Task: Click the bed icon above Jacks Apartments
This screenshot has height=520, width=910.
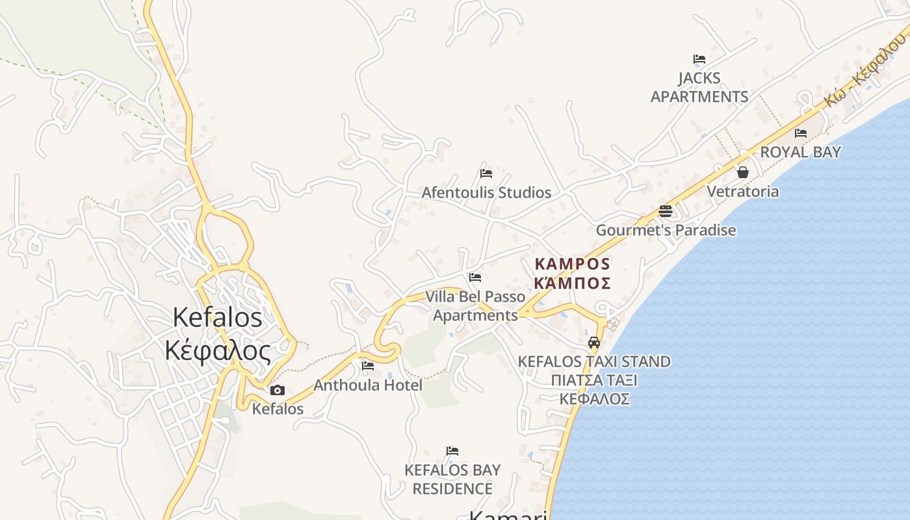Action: click(x=699, y=59)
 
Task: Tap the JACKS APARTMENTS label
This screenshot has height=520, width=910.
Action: click(x=699, y=87)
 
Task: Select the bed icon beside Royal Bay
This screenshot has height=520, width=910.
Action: click(x=801, y=133)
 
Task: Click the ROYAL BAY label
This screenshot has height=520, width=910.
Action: click(x=801, y=152)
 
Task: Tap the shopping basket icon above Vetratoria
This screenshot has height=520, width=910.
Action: click(x=743, y=172)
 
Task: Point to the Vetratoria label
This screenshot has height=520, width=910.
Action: click(x=742, y=192)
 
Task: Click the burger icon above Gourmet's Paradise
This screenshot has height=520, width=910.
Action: click(x=665, y=211)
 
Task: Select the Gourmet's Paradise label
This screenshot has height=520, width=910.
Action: click(x=666, y=230)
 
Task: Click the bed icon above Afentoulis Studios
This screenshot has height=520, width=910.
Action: click(x=486, y=174)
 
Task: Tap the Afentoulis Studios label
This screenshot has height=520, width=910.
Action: click(x=486, y=192)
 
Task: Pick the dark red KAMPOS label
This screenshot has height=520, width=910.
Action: click(x=573, y=274)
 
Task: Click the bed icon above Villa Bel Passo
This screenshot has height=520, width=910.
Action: click(x=475, y=278)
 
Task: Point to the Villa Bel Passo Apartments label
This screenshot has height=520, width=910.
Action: click(x=475, y=306)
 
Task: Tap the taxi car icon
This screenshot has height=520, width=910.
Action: click(x=594, y=343)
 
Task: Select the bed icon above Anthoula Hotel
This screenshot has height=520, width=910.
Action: click(x=368, y=366)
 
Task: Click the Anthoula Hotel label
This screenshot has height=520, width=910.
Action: click(x=368, y=385)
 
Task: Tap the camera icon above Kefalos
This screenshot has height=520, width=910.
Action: click(x=278, y=390)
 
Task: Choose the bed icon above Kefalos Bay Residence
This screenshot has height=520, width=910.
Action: click(x=452, y=451)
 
